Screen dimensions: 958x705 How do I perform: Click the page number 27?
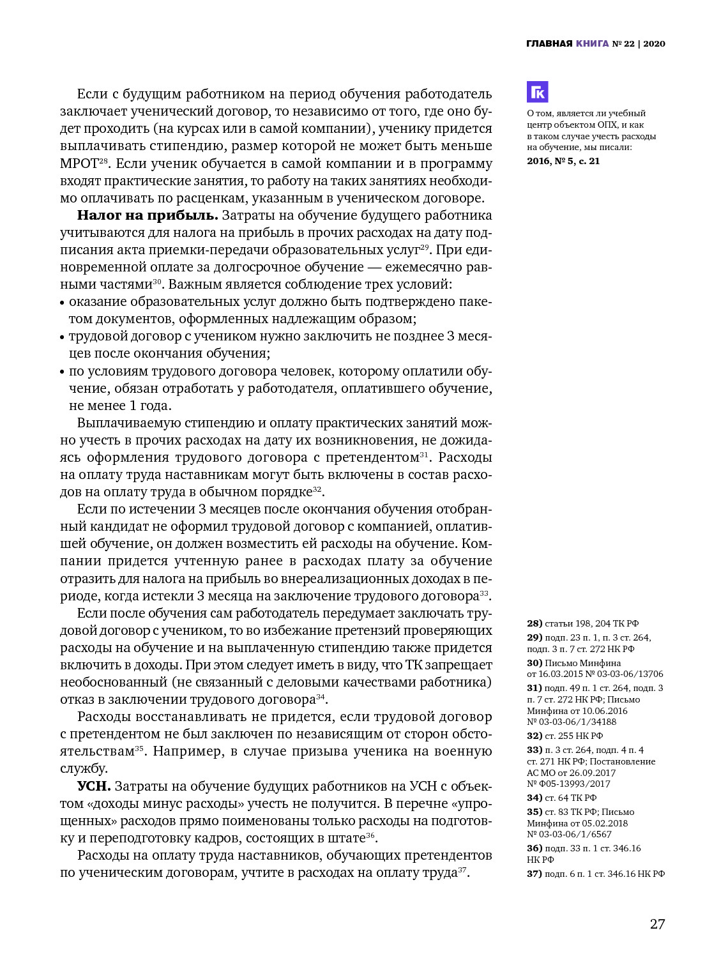tap(657, 924)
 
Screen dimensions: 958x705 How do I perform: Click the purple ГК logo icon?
tap(538, 92)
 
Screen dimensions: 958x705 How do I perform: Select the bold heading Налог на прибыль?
tap(148, 215)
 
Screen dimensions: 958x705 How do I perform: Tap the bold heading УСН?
tap(94, 786)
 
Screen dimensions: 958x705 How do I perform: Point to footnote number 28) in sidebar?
tap(534, 623)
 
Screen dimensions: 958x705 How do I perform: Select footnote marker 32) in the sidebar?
tap(534, 736)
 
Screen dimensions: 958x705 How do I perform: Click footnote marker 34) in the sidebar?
tap(534, 798)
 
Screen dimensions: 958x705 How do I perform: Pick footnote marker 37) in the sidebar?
tap(534, 874)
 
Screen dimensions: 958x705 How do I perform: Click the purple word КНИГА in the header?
tap(592, 43)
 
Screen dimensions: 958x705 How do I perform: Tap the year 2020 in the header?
tap(654, 43)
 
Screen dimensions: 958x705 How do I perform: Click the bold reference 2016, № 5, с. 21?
tap(563, 161)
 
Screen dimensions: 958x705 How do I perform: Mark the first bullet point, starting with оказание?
tap(63, 302)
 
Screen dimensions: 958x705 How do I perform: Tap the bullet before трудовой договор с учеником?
tap(63, 337)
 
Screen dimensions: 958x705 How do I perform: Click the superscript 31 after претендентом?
tap(424, 455)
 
